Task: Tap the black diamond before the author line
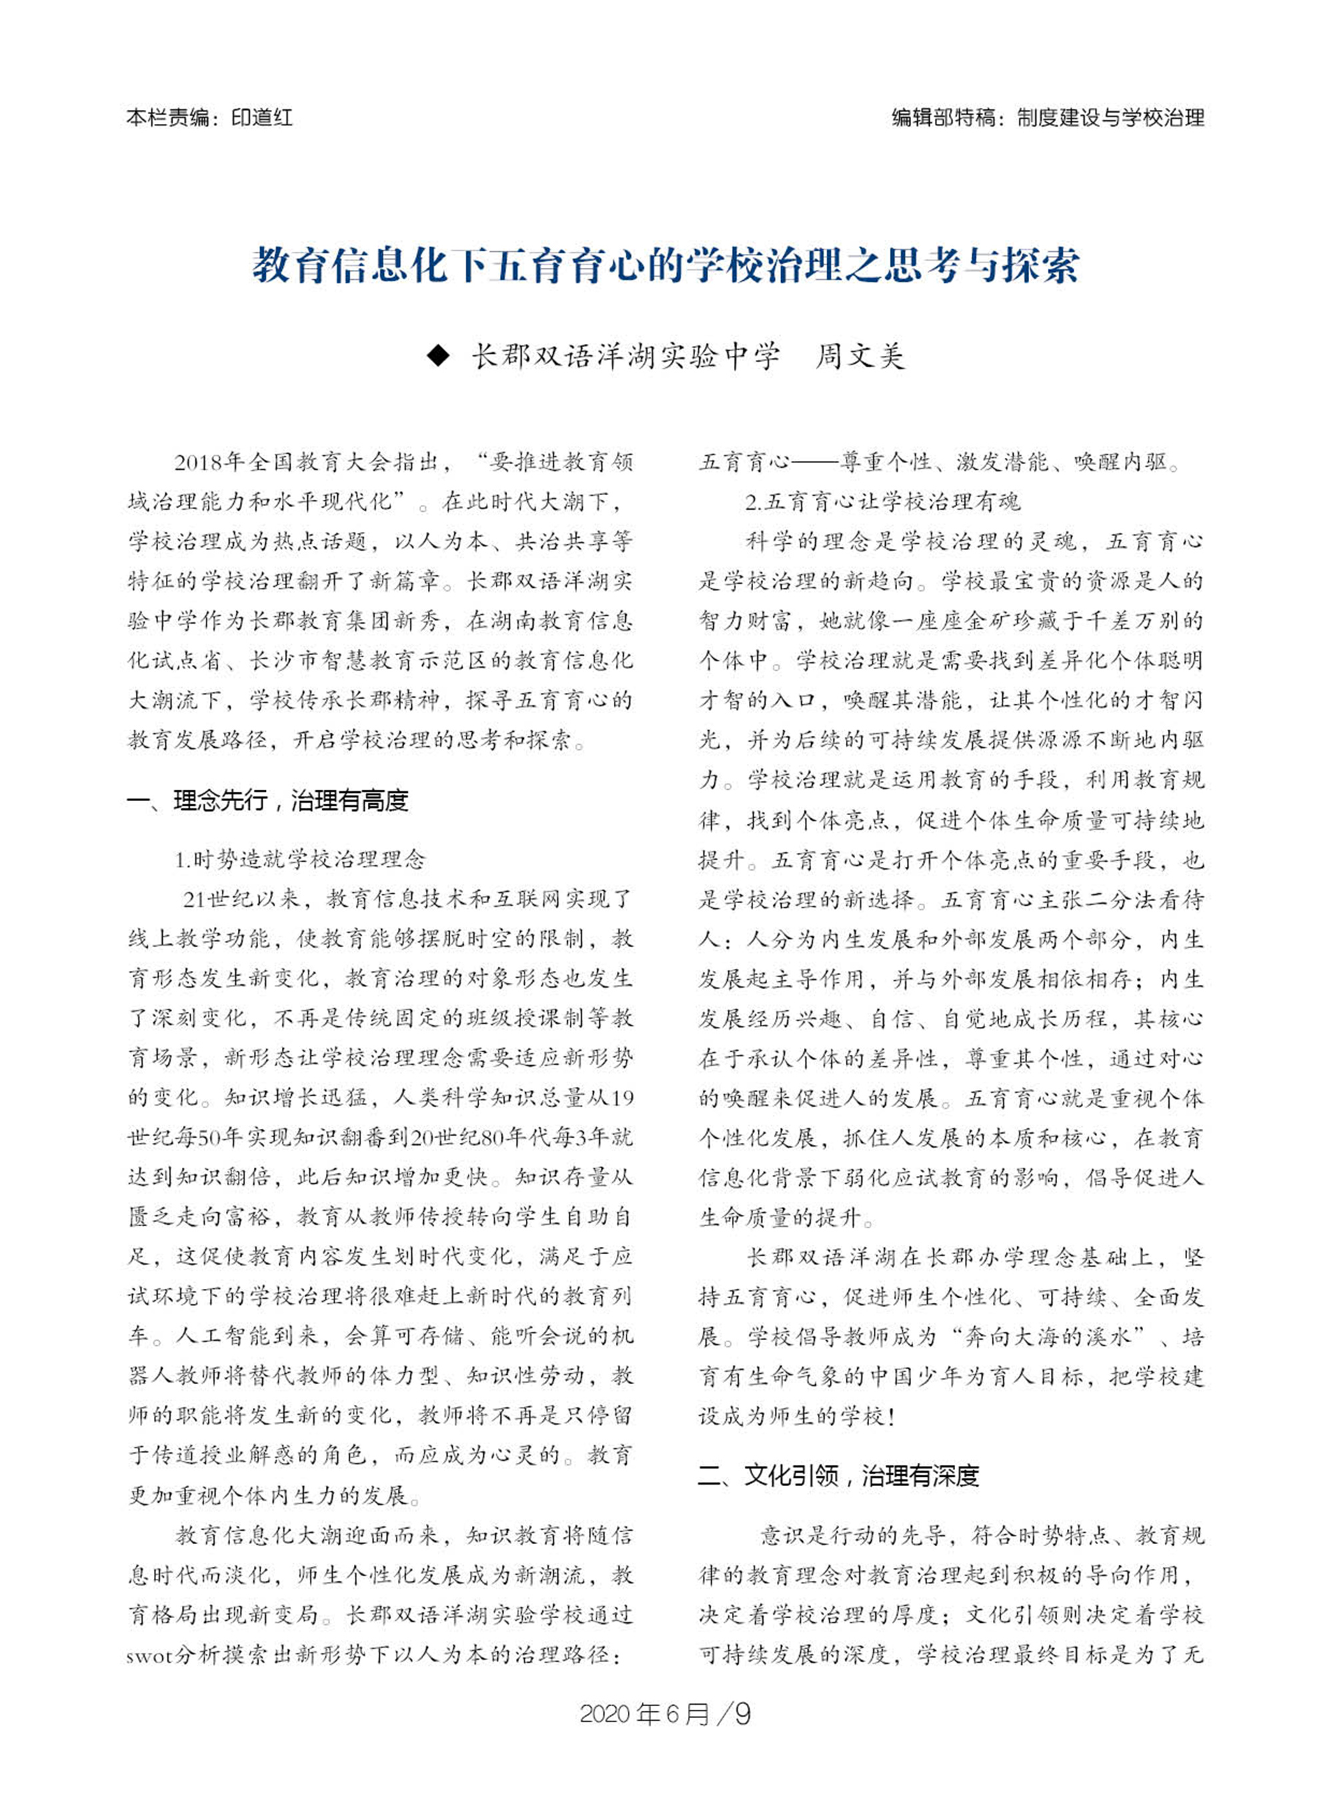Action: tap(437, 356)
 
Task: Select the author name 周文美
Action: tap(860, 356)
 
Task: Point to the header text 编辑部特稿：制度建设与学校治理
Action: tap(1047, 118)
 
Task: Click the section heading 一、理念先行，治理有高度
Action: tap(268, 800)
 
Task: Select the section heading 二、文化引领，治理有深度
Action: tap(838, 1475)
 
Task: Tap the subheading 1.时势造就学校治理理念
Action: tap(300, 859)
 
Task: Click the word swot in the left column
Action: tap(150, 1655)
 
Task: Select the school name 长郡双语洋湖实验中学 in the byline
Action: tap(626, 356)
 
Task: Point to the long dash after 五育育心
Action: tap(815, 462)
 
